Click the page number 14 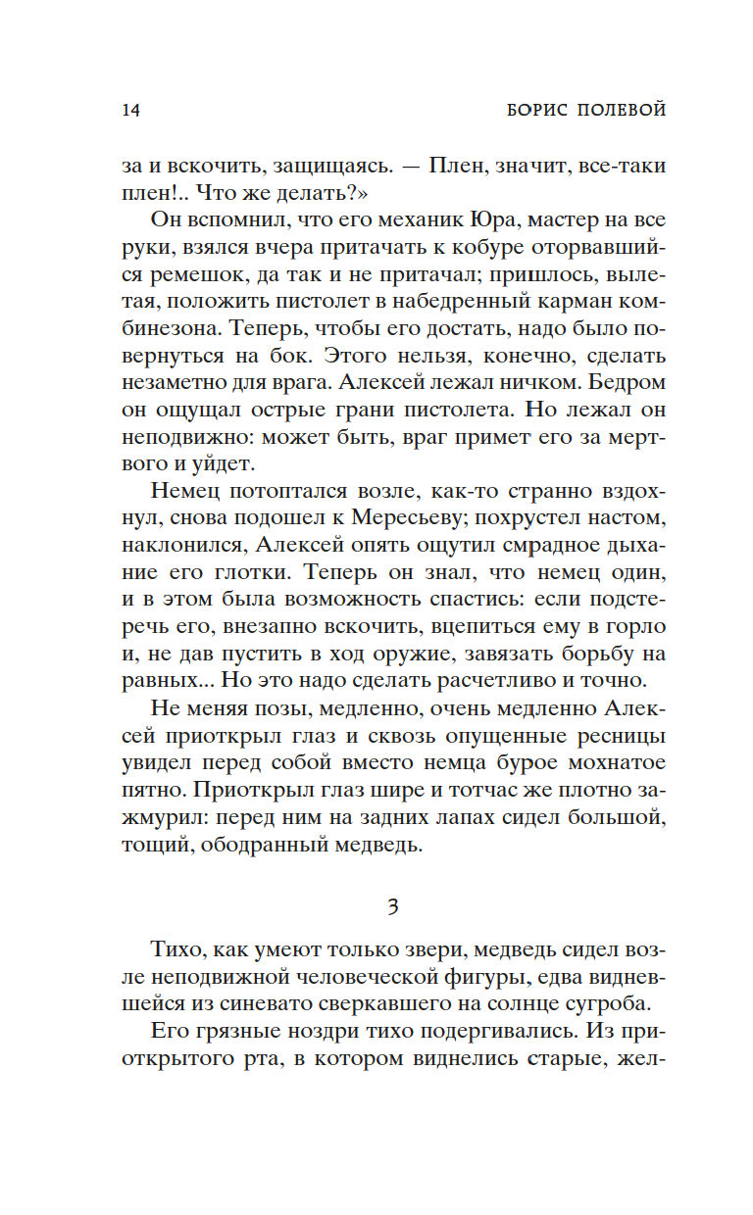click(131, 110)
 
